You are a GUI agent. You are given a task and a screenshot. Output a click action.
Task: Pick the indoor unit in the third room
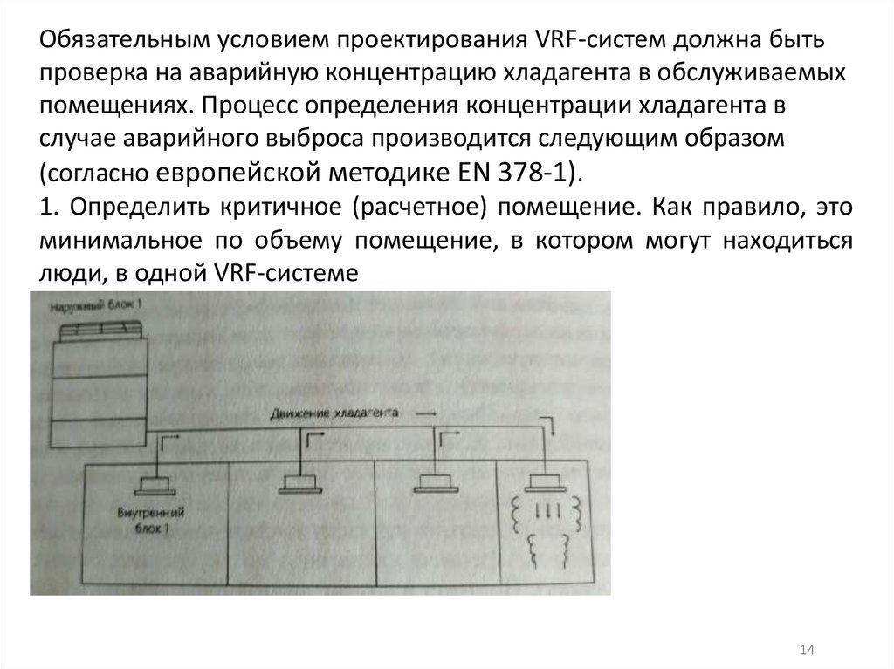435,481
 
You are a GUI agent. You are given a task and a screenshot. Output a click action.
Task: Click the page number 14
806,650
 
